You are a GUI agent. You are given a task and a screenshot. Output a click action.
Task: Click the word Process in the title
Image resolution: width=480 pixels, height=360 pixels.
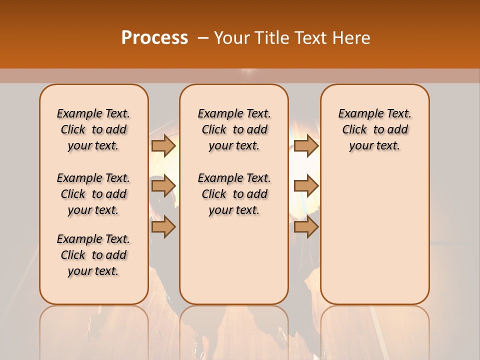pyautogui.click(x=154, y=38)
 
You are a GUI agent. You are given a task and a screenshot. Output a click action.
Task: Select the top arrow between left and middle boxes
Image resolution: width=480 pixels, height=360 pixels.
pyautogui.click(x=163, y=145)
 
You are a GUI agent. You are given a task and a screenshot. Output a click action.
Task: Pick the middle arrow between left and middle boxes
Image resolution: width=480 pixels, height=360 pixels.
pyautogui.click(x=163, y=186)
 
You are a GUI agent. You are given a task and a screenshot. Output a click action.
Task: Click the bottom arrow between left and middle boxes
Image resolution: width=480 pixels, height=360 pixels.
pyautogui.click(x=163, y=227)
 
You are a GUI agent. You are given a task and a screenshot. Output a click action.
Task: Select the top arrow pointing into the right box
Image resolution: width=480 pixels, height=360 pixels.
pyautogui.click(x=306, y=145)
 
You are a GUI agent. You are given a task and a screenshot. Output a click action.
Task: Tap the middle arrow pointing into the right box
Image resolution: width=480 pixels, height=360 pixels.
pyautogui.click(x=306, y=186)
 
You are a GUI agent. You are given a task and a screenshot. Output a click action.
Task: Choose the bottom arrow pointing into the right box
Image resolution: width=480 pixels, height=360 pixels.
pyautogui.click(x=306, y=227)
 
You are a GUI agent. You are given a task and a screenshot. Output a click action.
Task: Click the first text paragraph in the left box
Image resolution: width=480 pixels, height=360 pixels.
pyautogui.click(x=93, y=129)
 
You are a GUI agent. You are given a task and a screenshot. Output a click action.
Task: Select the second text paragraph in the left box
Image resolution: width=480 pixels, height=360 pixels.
pyautogui.click(x=93, y=194)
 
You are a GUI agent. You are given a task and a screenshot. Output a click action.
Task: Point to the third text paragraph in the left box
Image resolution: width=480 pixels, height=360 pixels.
pyautogui.click(x=93, y=255)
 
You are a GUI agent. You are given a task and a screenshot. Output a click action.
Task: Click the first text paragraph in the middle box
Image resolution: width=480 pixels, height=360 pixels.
pyautogui.click(x=234, y=129)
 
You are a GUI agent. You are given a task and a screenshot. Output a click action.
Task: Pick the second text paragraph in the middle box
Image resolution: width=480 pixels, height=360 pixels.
pyautogui.click(x=234, y=194)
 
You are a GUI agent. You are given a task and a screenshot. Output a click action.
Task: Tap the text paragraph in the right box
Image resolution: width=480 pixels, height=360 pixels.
pyautogui.click(x=375, y=129)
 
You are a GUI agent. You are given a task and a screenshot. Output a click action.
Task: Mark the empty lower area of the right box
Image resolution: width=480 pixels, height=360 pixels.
pyautogui.click(x=375, y=235)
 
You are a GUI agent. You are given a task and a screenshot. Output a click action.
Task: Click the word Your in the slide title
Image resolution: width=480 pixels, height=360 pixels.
pyautogui.click(x=231, y=38)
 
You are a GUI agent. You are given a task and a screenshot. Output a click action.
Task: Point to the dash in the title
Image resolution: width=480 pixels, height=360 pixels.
pyautogui.click(x=203, y=38)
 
